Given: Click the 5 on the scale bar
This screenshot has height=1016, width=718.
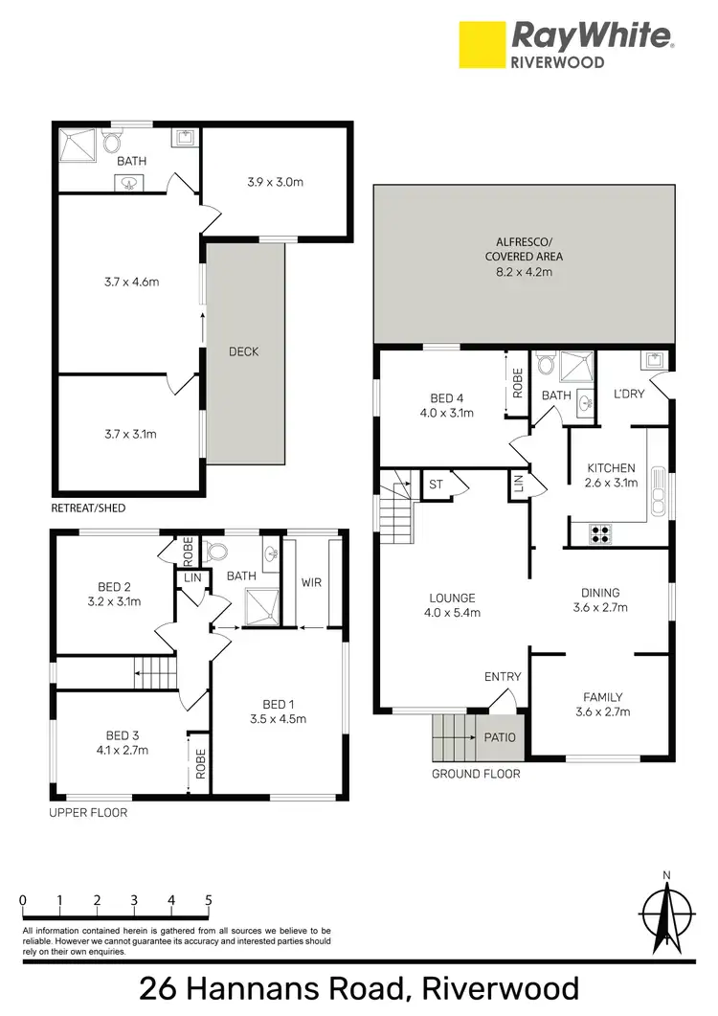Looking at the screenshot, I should tap(208, 900).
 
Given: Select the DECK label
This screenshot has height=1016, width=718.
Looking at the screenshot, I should tap(243, 351).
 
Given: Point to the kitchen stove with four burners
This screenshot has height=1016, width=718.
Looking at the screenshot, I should tap(601, 534).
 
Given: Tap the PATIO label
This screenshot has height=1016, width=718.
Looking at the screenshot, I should tap(500, 737).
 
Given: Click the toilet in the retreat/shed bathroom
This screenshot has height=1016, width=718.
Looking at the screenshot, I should tap(110, 144).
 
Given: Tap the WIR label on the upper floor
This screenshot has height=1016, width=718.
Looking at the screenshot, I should tap(311, 581).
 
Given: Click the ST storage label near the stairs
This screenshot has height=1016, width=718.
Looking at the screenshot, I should tap(435, 485).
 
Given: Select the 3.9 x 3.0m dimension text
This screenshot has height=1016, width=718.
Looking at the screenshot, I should tap(276, 181).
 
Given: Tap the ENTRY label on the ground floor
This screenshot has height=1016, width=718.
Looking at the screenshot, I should tap(503, 677).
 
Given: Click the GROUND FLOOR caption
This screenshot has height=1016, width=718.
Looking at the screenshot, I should tap(476, 774).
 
